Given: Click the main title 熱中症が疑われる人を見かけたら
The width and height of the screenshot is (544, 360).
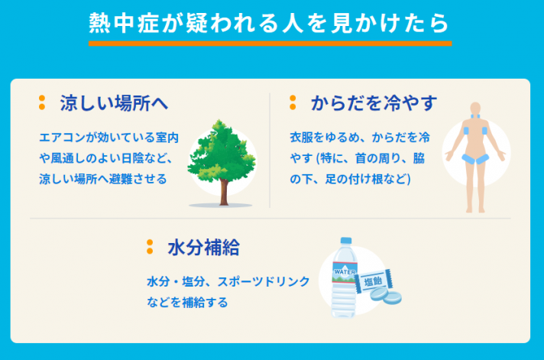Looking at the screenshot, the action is (270, 23).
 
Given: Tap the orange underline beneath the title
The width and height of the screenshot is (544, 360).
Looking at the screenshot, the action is (270, 44).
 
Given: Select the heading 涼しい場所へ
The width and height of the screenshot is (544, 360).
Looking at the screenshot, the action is (114, 103).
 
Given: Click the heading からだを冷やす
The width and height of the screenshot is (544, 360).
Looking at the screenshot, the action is (374, 103).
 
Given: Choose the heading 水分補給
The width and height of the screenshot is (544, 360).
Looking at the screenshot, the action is (204, 248).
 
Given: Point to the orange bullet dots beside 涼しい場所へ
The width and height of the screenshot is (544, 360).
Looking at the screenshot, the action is (42, 102).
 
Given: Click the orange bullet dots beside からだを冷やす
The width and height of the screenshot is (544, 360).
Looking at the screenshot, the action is (293, 102).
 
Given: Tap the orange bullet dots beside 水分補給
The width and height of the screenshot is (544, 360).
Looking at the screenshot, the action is (150, 247).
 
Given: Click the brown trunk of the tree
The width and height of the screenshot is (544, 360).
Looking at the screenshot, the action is (224, 192).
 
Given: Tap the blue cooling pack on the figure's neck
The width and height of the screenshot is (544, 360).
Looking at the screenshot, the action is (475, 116).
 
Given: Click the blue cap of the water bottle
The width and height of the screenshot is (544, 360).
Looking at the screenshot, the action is (346, 241).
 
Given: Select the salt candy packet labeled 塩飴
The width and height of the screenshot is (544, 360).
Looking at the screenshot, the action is (374, 281).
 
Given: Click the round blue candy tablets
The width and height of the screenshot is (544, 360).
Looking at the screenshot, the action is (386, 296).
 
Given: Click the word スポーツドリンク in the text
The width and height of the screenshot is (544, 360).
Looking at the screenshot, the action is (263, 281).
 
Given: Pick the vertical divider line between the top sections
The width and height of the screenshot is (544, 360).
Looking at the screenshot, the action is (270, 151).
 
